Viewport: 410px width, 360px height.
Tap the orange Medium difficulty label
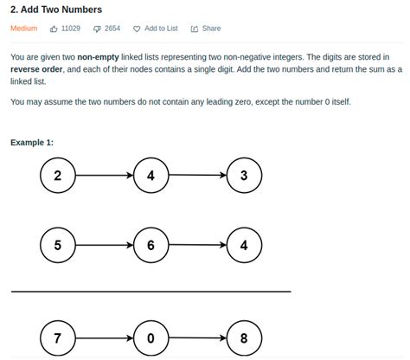[23, 29]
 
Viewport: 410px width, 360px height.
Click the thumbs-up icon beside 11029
[54, 29]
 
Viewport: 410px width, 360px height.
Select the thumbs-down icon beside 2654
[97, 29]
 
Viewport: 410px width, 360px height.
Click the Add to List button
[156, 29]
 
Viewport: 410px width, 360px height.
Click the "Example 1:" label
[32, 143]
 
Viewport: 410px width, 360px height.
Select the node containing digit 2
[58, 177]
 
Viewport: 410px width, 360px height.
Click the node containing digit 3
[244, 177]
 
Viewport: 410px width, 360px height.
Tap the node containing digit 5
[58, 246]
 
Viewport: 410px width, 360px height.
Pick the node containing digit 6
[151, 246]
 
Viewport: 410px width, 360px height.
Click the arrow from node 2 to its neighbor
[104, 177]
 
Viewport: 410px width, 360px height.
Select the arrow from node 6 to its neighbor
[197, 246]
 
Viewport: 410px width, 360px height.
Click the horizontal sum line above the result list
[151, 292]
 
